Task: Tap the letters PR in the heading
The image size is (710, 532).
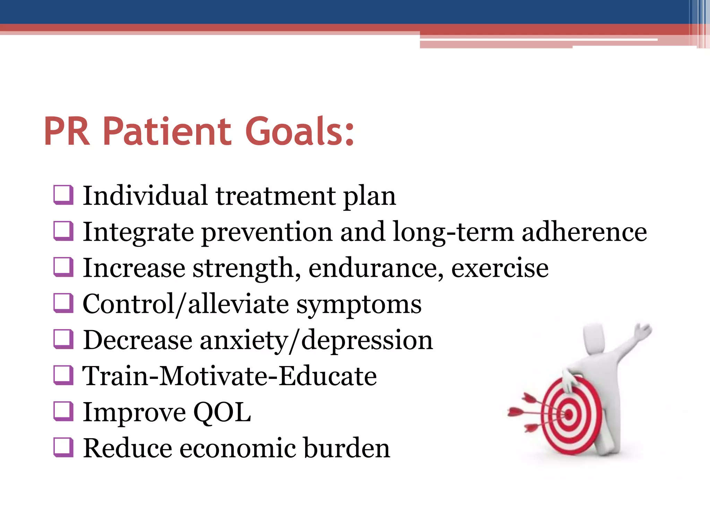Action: pos(67,132)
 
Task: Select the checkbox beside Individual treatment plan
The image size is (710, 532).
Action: pos(63,195)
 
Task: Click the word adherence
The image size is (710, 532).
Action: pos(584,232)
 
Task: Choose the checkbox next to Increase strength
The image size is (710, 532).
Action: pos(63,267)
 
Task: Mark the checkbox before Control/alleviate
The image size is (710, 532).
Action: pos(63,303)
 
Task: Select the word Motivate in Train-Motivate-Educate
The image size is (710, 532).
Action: pos(214,376)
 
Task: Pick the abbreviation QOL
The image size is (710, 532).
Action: pos(222,413)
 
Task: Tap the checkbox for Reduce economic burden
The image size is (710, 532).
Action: pos(63,447)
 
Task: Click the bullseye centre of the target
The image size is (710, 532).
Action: pos(569,414)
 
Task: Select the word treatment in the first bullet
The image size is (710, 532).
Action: pos(276,196)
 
